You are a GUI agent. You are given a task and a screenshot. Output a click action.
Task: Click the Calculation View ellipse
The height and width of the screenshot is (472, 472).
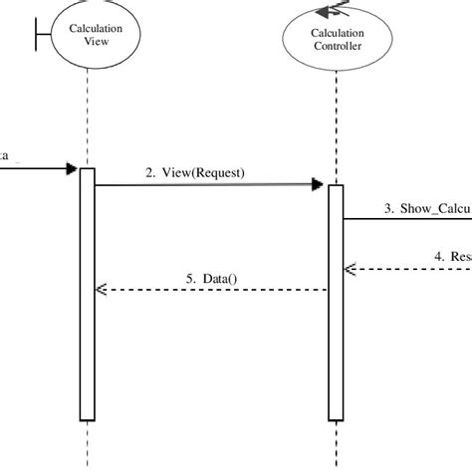(95, 36)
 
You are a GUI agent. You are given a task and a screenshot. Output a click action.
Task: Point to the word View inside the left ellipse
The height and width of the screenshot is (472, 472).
(95, 43)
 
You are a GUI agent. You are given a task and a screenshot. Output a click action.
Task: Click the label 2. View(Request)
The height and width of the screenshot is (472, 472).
(195, 172)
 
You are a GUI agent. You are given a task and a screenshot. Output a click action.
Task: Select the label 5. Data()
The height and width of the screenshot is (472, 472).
(212, 278)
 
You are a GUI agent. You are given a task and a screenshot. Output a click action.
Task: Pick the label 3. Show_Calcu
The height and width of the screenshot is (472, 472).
(426, 208)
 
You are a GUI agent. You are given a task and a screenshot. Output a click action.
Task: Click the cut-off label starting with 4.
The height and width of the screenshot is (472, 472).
(452, 255)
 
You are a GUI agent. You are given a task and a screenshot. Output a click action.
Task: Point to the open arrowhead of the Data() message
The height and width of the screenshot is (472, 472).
(101, 290)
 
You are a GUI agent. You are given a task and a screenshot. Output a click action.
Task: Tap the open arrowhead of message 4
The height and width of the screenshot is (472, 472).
(350, 268)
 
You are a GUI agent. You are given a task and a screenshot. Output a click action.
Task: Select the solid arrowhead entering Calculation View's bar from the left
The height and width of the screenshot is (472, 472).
(72, 168)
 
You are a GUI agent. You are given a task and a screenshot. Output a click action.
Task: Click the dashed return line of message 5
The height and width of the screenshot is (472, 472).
(219, 290)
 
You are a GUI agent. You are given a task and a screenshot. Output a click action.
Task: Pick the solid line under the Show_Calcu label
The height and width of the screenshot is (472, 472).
(408, 219)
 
